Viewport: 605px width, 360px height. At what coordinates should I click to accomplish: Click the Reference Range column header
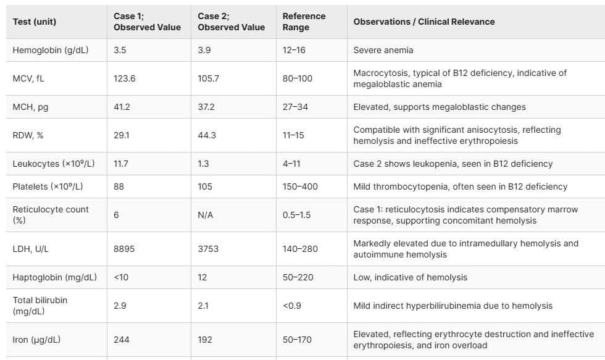click(304, 22)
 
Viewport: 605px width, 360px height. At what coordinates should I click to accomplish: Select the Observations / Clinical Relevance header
click(423, 22)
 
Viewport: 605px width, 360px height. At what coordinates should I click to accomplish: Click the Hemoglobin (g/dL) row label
click(51, 50)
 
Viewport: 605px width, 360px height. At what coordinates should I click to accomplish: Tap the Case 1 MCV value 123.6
click(125, 78)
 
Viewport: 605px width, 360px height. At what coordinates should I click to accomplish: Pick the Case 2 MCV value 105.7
click(210, 78)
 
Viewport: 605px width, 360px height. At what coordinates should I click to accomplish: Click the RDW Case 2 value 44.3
click(207, 135)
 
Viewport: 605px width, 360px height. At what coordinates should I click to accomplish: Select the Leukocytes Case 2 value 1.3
click(204, 164)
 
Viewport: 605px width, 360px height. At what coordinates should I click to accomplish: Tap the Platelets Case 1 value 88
click(119, 186)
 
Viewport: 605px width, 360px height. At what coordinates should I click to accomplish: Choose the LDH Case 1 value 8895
click(124, 249)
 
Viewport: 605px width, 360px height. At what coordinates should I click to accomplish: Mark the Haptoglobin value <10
click(121, 277)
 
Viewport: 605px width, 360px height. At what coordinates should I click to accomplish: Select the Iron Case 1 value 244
click(122, 340)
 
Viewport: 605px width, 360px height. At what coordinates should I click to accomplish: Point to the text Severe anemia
click(383, 50)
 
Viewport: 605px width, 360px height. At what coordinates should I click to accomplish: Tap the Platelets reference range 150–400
click(300, 186)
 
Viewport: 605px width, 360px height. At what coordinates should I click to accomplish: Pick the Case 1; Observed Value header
click(147, 22)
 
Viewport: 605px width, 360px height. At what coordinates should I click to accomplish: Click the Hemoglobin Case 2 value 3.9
click(205, 50)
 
